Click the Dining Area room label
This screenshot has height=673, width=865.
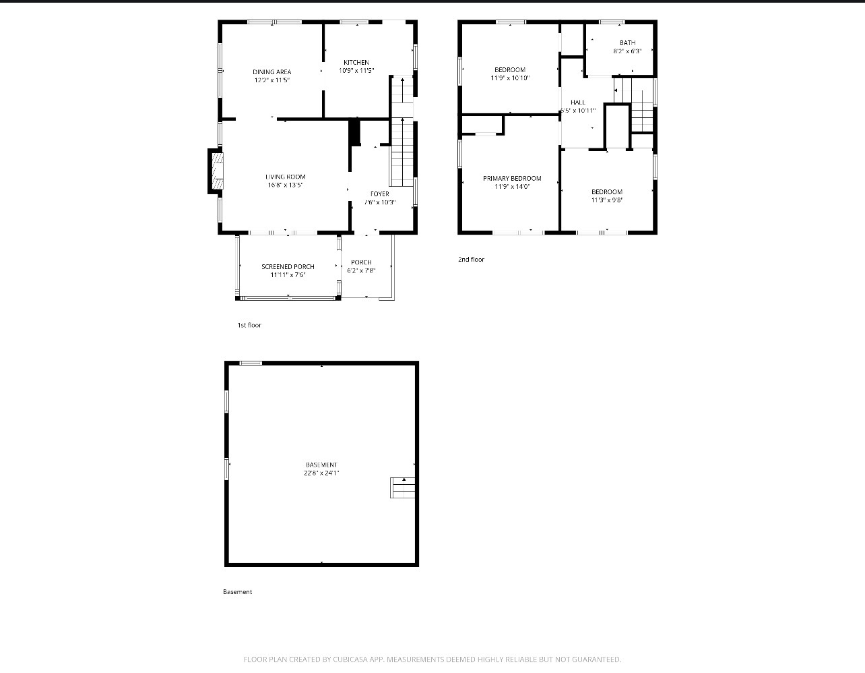click(x=272, y=72)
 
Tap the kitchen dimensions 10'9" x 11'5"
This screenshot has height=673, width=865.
click(x=356, y=71)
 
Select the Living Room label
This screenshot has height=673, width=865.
click(x=286, y=177)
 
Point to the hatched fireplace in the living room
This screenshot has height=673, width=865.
click(x=218, y=171)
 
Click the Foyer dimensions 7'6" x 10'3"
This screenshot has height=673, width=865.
click(x=380, y=202)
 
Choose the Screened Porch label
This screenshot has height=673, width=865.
click(x=288, y=266)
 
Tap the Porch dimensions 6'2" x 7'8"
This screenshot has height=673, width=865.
click(x=361, y=270)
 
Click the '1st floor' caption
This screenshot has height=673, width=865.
click(x=249, y=325)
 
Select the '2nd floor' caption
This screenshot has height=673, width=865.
click(x=472, y=260)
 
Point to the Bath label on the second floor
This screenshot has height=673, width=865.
click(x=627, y=43)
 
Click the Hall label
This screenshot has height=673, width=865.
click(x=577, y=103)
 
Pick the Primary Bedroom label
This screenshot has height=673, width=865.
click(x=512, y=179)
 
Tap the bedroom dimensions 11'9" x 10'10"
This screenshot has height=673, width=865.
click(x=510, y=78)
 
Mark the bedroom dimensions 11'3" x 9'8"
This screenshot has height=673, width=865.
click(x=607, y=200)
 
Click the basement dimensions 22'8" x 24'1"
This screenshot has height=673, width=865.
click(x=321, y=473)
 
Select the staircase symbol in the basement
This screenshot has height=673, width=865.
click(x=402, y=488)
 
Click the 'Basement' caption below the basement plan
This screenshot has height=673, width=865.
click(x=237, y=592)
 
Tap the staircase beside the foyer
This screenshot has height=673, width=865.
click(x=402, y=131)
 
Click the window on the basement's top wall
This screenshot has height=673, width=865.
click(x=251, y=363)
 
